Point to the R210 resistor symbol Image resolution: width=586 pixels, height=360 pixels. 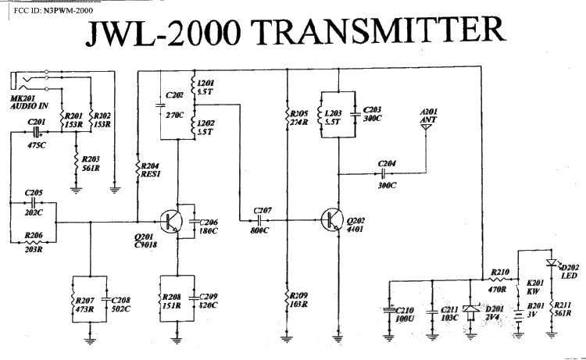click(x=498, y=280)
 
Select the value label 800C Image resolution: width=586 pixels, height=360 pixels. click(x=259, y=232)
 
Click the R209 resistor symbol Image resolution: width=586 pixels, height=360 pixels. click(x=289, y=298)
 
